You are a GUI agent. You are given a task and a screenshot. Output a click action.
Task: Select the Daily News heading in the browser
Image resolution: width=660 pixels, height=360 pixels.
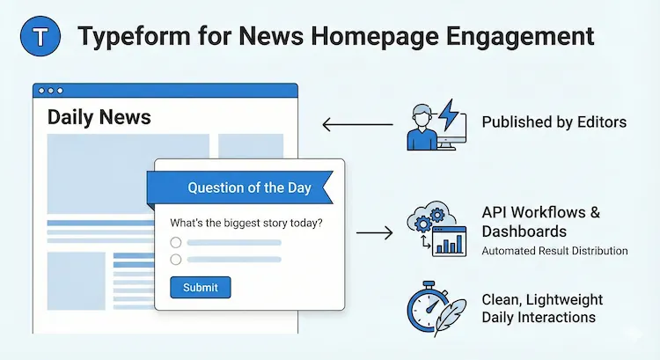(x=99, y=117)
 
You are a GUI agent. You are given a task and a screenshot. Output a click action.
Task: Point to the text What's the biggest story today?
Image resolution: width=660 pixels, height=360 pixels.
(x=246, y=223)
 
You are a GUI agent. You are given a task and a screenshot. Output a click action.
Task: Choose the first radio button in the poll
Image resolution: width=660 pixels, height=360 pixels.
(x=176, y=242)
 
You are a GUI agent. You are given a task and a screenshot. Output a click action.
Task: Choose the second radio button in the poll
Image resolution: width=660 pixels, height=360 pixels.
(x=176, y=259)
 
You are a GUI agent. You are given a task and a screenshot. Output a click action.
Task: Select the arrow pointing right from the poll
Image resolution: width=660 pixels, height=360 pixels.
(x=373, y=233)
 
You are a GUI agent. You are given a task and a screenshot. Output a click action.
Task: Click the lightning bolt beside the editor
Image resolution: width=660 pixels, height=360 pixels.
(x=448, y=115)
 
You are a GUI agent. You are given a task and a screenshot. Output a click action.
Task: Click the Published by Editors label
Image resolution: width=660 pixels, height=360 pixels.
(x=554, y=122)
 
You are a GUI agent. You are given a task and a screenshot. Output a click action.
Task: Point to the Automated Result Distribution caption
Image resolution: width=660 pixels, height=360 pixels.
(x=554, y=251)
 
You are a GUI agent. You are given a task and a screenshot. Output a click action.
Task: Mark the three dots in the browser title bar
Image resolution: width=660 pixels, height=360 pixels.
(x=51, y=91)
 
